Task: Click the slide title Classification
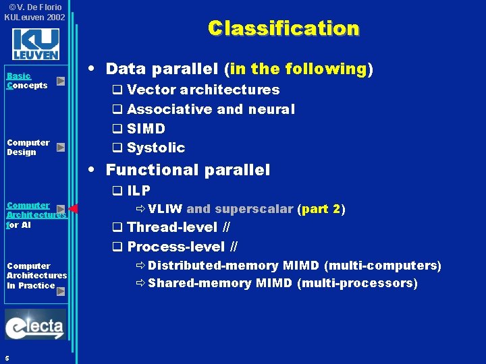pos(283,28)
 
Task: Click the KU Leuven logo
pos(35,44)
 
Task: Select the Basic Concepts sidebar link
pos(27,81)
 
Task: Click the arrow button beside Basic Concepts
pos(61,81)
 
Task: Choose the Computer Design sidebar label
pos(28,147)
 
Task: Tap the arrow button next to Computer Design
pos(61,147)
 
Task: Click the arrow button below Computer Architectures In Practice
pos(61,291)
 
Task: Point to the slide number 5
pos(6,357)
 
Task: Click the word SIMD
pos(146,128)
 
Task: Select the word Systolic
pos(156,148)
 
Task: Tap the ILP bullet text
pos(138,191)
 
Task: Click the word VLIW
pos(165,209)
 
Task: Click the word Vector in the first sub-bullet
pos(148,90)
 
